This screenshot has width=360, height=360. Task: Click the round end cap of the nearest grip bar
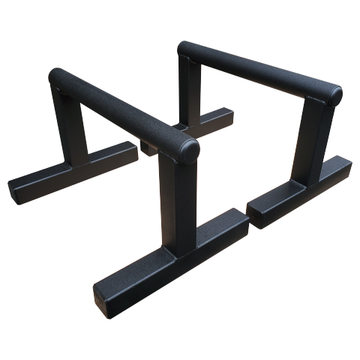coord(189,150)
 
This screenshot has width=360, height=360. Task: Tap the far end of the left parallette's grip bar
coord(57,76)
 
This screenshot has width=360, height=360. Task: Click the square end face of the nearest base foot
coord(103,296)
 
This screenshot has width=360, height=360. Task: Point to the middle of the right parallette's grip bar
coord(259,71)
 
